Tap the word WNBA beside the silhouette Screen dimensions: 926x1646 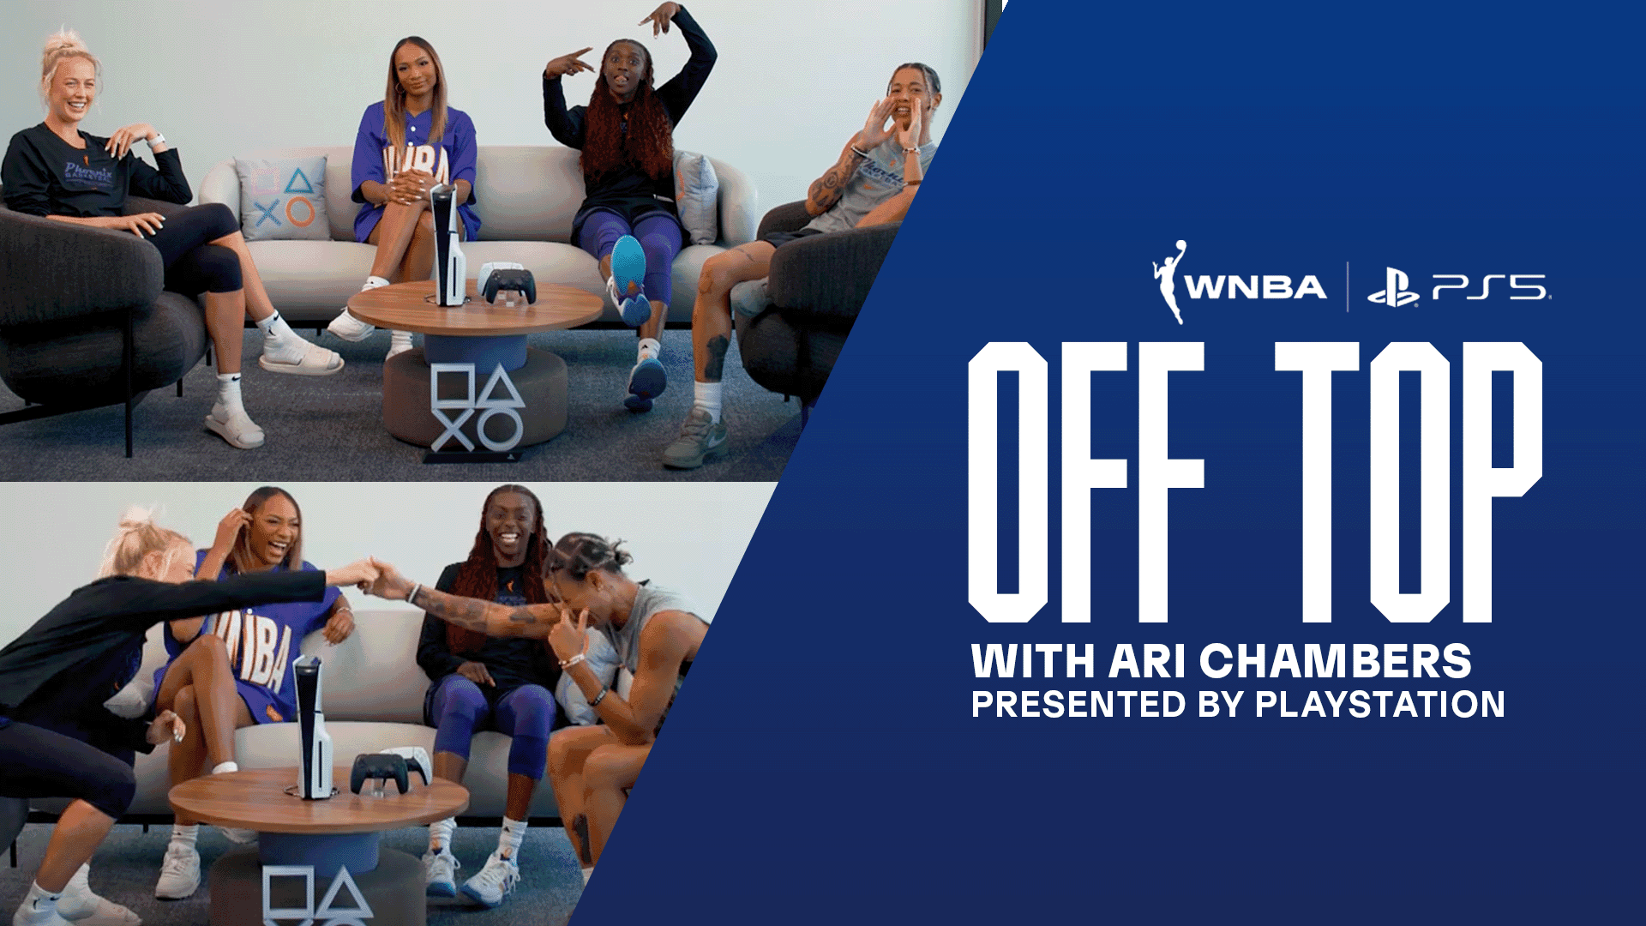pyautogui.click(x=1256, y=287)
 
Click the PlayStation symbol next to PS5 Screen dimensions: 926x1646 pyautogui.click(x=1392, y=289)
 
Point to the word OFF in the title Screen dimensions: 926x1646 pyautogui.click(x=1085, y=482)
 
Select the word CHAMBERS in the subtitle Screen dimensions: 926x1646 pyautogui.click(x=1335, y=662)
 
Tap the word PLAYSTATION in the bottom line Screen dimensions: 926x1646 pyautogui.click(x=1379, y=705)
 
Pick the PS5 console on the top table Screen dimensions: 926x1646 pyautogui.click(x=448, y=244)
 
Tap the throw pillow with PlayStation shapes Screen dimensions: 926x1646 pyautogui.click(x=283, y=198)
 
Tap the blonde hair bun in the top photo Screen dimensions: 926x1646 pyautogui.click(x=62, y=42)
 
